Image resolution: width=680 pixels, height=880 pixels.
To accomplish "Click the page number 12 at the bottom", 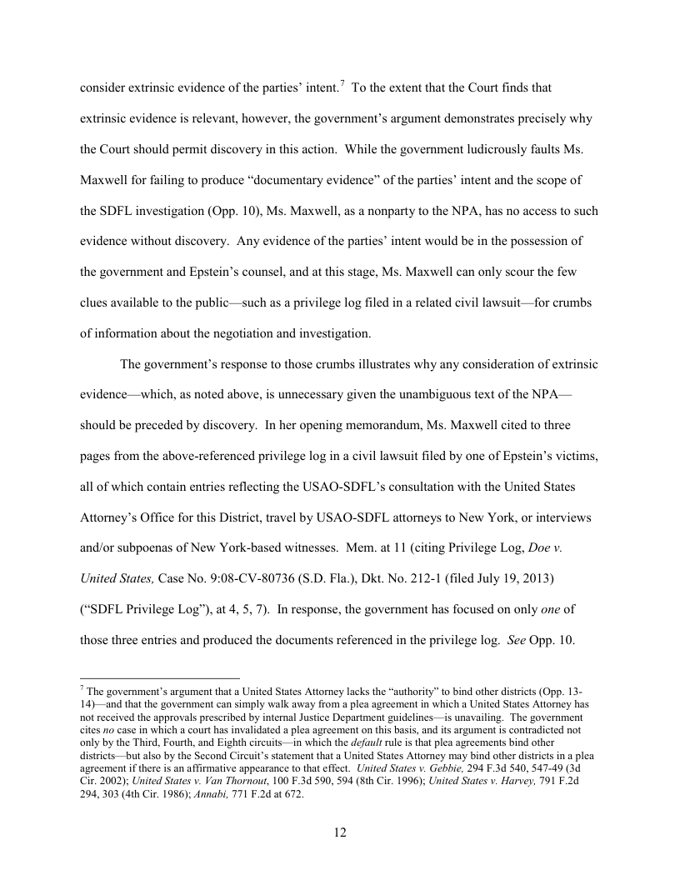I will point(340,832).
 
